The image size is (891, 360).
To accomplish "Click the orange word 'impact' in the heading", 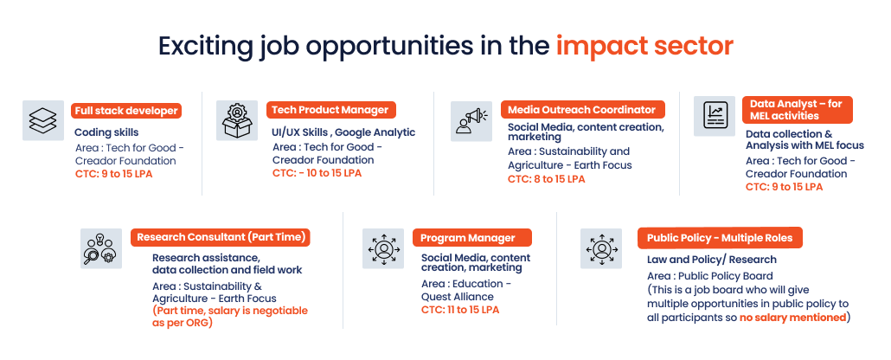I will pyautogui.click(x=604, y=46).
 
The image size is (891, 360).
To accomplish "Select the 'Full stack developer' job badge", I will pyautogui.click(x=126, y=111).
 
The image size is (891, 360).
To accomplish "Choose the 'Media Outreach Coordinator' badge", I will pyautogui.click(x=583, y=109).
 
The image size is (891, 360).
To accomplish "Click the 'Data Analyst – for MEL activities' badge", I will pyautogui.click(x=798, y=110).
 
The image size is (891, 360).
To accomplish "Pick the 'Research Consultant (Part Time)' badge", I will pyautogui.click(x=221, y=237).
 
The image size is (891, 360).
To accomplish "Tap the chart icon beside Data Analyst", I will pyautogui.click(x=715, y=116).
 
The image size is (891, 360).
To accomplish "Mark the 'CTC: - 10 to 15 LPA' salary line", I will pyautogui.click(x=317, y=173).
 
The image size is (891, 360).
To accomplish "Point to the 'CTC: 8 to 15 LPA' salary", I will pyautogui.click(x=546, y=179).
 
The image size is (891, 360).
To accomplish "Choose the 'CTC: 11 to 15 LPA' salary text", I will pyautogui.click(x=460, y=309).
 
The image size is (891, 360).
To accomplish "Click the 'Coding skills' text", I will pyautogui.click(x=106, y=132).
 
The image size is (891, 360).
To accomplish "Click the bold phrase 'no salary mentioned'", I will pyautogui.click(x=792, y=317).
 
